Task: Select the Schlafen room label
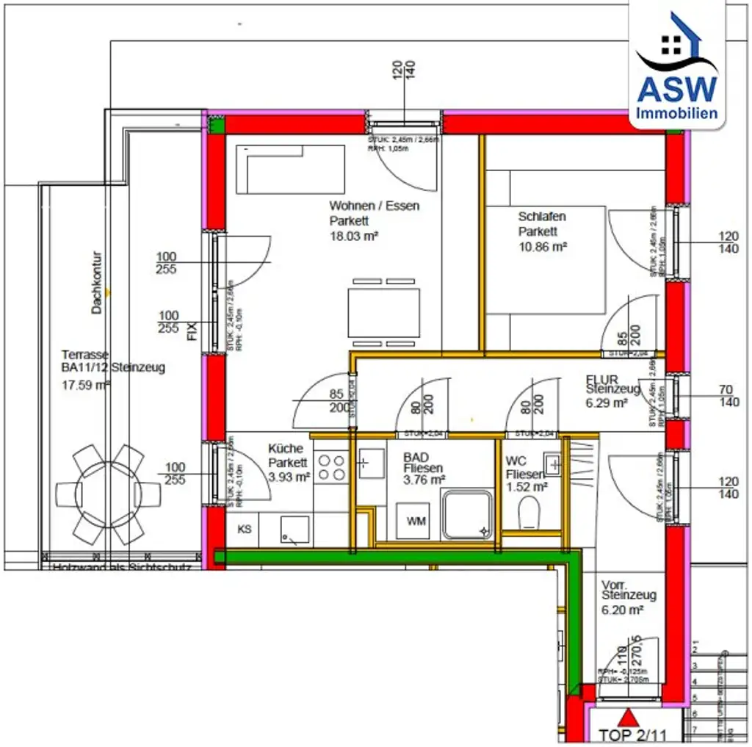pos(542,217)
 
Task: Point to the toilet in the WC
pos(529,513)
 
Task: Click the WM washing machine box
pos(416,522)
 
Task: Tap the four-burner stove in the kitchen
pos(331,467)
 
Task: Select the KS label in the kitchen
pos(245,529)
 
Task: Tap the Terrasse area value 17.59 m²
pos(86,384)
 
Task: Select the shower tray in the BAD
pos(467,515)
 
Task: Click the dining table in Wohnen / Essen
pos(383,312)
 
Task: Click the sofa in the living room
pos(291,168)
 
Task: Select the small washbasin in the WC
pos(552,463)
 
